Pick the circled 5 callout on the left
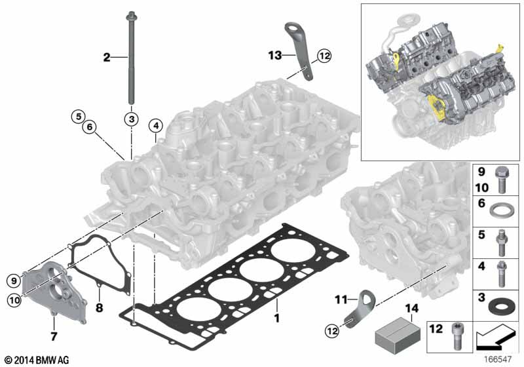click(78, 117)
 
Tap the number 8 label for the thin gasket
click(98, 305)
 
